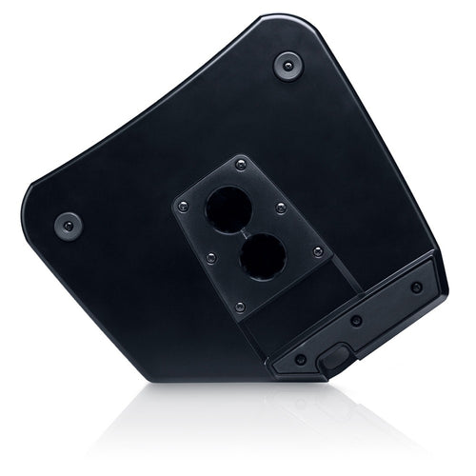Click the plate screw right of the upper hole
[280, 208]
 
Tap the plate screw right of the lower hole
[318, 251]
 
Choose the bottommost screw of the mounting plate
[240, 306]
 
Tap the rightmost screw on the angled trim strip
[416, 287]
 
